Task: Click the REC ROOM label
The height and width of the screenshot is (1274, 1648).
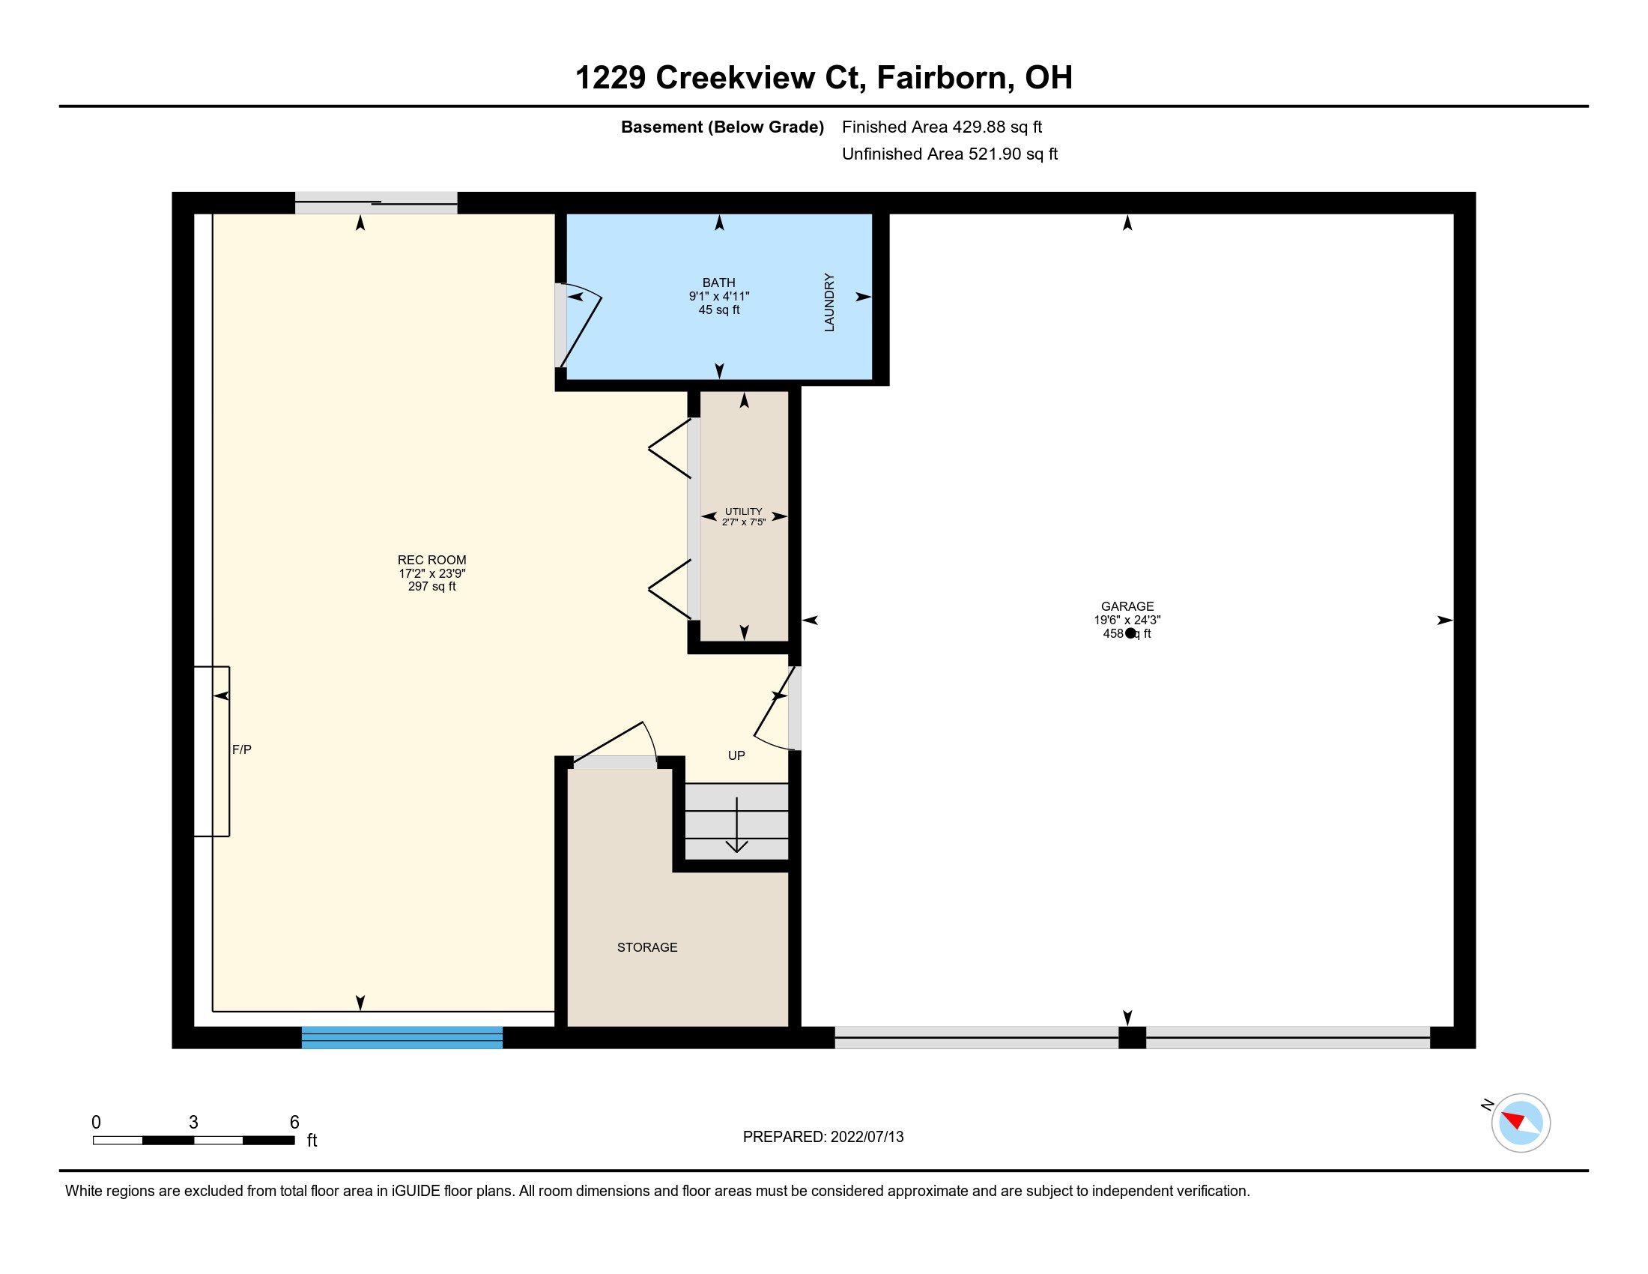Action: pos(431,560)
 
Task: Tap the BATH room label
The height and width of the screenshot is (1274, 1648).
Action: pos(718,283)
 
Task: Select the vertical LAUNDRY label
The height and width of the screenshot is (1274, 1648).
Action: pos(829,302)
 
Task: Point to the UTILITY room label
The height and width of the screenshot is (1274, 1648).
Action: pos(743,512)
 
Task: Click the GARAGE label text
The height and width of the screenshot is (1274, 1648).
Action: pos(1127,606)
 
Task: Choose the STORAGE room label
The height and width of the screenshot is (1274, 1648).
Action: pos(646,947)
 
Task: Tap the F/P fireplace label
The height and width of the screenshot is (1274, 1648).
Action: pos(241,749)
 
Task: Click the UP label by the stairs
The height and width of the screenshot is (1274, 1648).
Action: pos(736,755)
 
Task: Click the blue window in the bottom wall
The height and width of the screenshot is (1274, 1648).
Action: pos(402,1037)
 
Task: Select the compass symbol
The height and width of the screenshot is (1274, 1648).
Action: pos(1521,1123)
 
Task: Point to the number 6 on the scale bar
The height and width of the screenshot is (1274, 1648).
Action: pos(294,1123)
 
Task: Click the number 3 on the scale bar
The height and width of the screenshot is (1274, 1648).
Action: pos(194,1123)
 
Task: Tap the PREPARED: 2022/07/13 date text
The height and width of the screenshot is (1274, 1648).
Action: pos(823,1137)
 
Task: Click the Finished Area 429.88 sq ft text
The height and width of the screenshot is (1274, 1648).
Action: pos(942,127)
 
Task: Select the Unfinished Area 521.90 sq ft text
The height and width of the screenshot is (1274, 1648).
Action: pos(950,154)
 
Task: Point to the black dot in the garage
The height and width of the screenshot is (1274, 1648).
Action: pos(1130,633)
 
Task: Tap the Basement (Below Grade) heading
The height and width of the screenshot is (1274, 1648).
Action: pos(722,127)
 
